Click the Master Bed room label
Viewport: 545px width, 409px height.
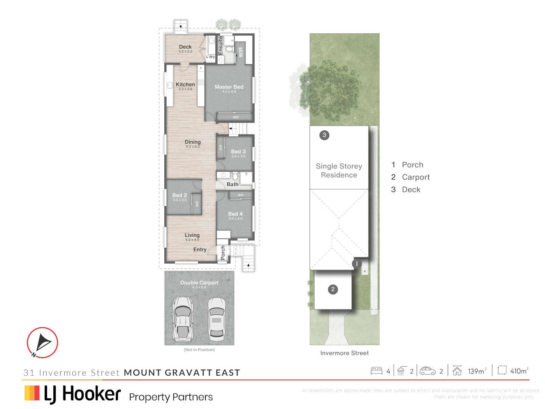(x=229, y=87)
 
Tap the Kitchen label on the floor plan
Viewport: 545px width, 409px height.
(x=185, y=85)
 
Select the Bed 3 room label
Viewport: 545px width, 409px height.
(x=238, y=151)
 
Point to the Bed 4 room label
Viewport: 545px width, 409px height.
(x=235, y=214)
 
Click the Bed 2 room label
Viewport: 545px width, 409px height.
(x=180, y=195)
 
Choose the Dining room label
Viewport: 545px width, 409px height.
(x=193, y=142)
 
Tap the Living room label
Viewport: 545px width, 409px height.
(x=192, y=235)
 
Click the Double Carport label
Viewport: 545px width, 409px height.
(x=199, y=283)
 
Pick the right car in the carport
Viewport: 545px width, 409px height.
(x=217, y=318)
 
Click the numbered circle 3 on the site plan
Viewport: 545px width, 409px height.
(x=324, y=135)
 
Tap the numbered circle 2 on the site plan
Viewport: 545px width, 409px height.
(x=333, y=290)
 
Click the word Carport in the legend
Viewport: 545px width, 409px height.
(x=416, y=177)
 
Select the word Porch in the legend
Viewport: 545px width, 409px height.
(x=413, y=165)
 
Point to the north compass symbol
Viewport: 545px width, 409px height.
(x=42, y=342)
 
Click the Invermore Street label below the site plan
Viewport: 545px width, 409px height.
(x=344, y=353)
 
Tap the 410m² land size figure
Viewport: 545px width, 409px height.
(x=519, y=371)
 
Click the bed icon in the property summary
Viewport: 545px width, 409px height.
(x=377, y=371)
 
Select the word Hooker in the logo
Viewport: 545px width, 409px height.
(x=92, y=394)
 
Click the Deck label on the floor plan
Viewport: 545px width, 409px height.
(x=185, y=47)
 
